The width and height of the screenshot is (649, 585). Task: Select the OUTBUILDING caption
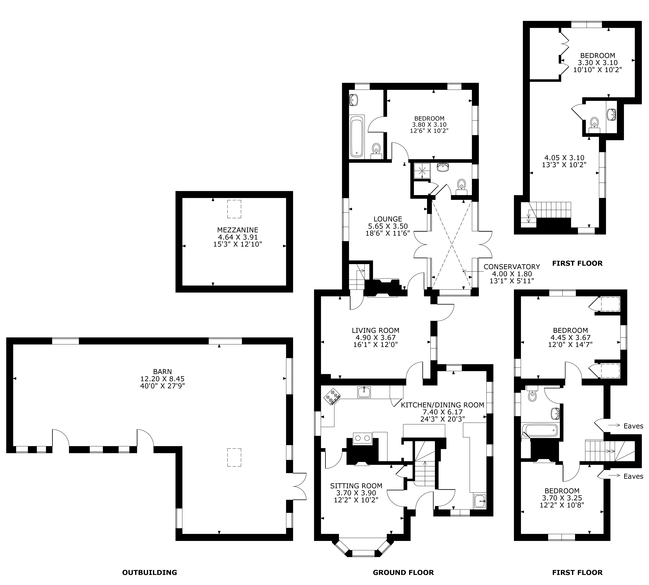150,572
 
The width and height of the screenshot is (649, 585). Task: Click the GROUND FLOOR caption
403,572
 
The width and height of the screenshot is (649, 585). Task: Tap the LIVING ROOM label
376,330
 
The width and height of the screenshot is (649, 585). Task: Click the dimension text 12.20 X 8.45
162,379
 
